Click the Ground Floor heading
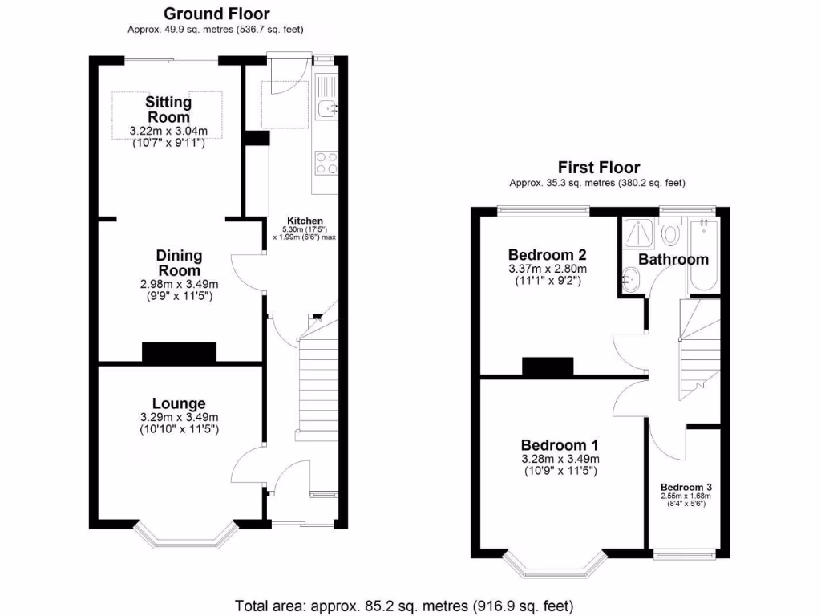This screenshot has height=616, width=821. [216, 14]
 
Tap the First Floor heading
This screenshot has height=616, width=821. [599, 168]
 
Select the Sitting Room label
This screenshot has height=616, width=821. [168, 110]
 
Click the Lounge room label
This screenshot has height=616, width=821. [179, 403]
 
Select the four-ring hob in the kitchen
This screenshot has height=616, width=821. [326, 163]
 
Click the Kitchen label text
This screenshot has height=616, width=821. [305, 221]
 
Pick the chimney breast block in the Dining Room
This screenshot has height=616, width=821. [179, 352]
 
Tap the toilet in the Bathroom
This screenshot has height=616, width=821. [671, 233]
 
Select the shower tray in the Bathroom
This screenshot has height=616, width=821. [639, 232]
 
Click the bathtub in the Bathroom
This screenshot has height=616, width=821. [704, 257]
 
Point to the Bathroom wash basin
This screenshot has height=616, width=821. [629, 280]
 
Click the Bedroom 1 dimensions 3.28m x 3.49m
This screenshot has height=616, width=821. [560, 459]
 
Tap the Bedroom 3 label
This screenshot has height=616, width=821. [686, 487]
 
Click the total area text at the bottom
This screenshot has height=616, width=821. [405, 605]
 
